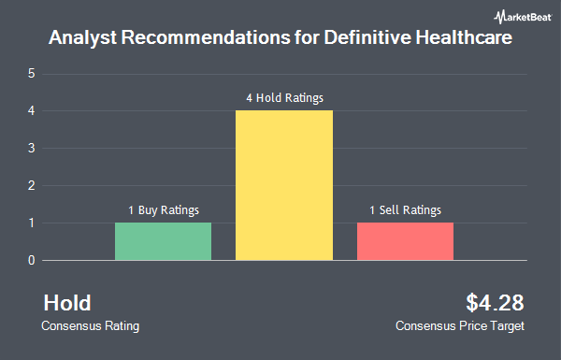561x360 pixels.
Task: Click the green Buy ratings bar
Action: point(163,241)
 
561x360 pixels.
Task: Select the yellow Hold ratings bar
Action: point(284,185)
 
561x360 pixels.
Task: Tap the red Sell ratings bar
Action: point(406,241)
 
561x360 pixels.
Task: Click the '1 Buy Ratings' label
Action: point(164,210)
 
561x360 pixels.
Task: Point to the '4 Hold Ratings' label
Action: point(285,97)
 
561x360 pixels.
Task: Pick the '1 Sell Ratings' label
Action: point(406,210)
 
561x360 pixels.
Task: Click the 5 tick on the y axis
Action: point(32,74)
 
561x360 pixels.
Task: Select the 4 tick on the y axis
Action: point(32,111)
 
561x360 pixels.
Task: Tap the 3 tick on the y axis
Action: point(32,148)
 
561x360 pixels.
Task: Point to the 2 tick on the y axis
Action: point(32,186)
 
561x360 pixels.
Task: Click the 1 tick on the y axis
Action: point(32,223)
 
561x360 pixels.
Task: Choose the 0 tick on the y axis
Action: point(32,261)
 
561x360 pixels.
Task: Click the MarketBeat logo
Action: point(523,17)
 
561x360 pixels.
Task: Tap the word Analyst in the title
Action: point(82,37)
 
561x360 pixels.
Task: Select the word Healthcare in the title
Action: point(464,37)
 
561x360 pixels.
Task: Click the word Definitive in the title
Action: point(367,37)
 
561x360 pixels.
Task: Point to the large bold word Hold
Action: point(67,303)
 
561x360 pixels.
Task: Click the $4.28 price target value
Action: point(495,303)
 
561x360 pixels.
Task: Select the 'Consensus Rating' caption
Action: point(90,326)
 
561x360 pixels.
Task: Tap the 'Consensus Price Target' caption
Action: point(460,326)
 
